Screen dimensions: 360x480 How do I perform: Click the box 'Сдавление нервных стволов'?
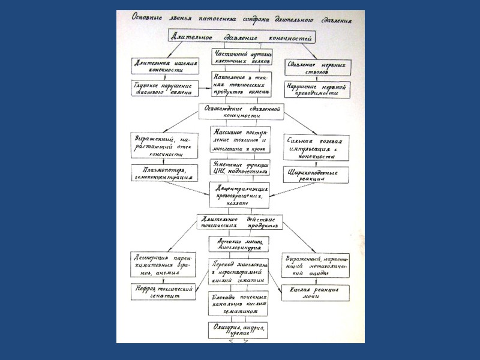click(318, 67)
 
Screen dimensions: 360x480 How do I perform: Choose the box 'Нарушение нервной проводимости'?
click(318, 89)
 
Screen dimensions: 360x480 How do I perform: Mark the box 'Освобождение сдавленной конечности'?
click(241, 112)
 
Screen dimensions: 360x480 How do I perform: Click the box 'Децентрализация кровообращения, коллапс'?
click(241, 195)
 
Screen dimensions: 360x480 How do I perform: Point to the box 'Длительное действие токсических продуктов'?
click(241, 222)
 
